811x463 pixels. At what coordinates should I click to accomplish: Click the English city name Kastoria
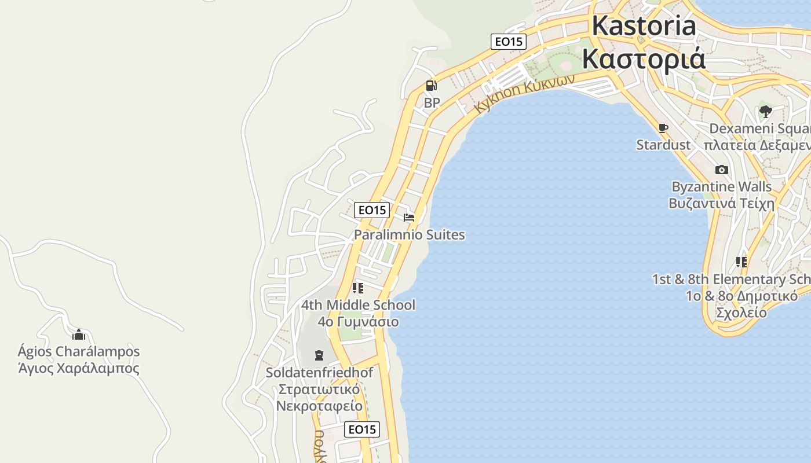[x=644, y=26]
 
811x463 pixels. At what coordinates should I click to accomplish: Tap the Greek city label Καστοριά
[x=644, y=58]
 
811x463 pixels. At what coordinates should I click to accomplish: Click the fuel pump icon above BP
[x=431, y=86]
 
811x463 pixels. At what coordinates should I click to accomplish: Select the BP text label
[x=432, y=103]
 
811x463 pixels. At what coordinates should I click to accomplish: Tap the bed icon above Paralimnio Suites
[x=409, y=218]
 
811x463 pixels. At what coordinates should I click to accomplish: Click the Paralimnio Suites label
[x=409, y=235]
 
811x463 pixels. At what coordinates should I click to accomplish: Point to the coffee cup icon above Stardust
[x=663, y=128]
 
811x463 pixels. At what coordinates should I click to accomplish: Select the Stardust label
[x=663, y=145]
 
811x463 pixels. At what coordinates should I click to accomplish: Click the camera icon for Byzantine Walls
[x=721, y=170]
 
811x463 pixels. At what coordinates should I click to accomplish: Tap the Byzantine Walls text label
[x=721, y=187]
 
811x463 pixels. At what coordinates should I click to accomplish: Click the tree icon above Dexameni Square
[x=765, y=111]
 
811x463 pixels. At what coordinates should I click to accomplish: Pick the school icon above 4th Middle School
[x=358, y=288]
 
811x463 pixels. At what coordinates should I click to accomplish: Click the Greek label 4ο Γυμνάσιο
[x=358, y=321]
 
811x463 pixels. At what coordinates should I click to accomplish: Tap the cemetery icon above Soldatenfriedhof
[x=319, y=355]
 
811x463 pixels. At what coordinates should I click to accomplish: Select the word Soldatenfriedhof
[x=319, y=373]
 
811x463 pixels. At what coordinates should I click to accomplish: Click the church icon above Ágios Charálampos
[x=78, y=335]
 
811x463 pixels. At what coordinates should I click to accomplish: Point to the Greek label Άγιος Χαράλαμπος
[x=79, y=368]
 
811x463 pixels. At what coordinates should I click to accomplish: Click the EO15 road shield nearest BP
[x=508, y=42]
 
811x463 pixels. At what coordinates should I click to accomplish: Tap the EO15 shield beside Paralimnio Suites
[x=372, y=210]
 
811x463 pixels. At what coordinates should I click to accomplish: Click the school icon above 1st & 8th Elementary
[x=741, y=262]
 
